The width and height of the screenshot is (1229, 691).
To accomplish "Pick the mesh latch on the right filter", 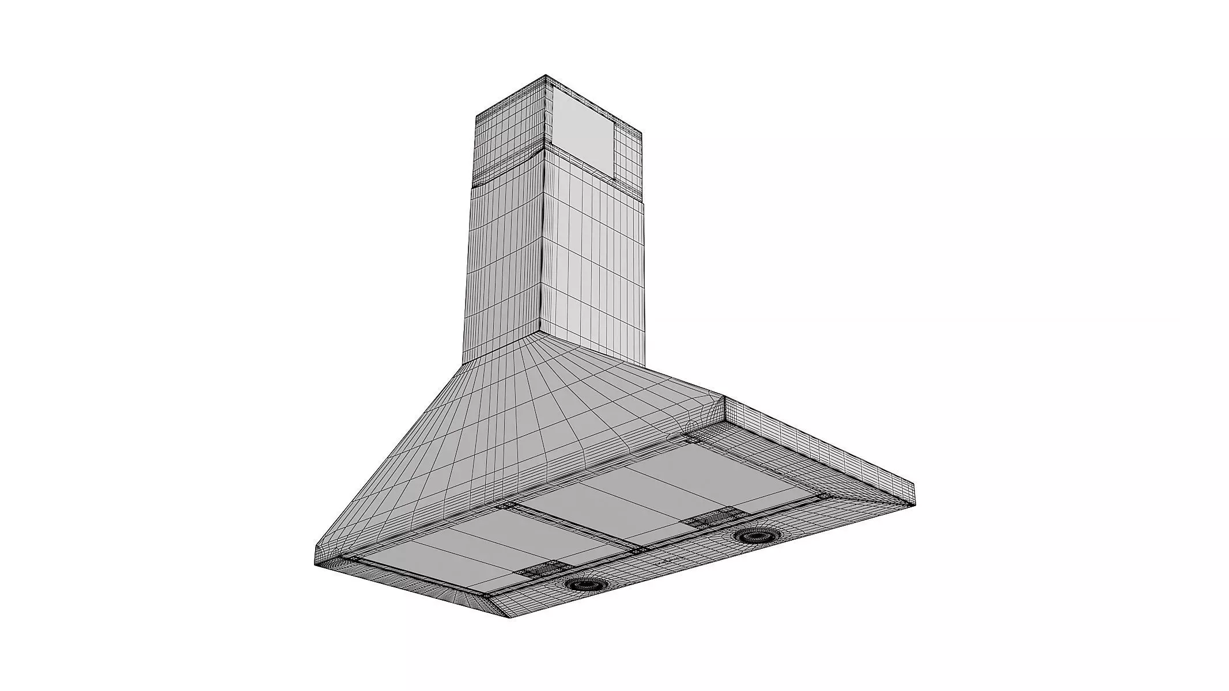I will pos(708,518).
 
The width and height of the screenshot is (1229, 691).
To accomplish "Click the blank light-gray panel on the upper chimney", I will pos(582,132).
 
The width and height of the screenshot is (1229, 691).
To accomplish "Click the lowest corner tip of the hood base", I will pos(509,618).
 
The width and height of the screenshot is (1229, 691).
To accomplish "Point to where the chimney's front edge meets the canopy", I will pos(540,333).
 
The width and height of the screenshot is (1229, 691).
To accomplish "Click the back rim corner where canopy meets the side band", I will pos(724,398).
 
